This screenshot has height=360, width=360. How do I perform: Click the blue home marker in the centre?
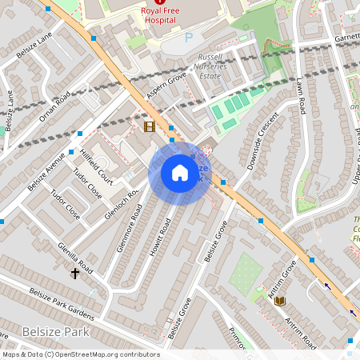(x=180, y=172)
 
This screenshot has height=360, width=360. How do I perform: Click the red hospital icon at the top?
(x=161, y=2)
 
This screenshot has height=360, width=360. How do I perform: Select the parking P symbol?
(x=189, y=38)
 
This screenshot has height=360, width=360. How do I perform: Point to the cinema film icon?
(x=149, y=126)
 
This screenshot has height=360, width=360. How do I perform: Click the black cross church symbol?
(x=75, y=274)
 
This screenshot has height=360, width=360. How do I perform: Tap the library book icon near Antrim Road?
(x=280, y=300)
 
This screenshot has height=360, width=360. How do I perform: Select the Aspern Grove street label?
(x=166, y=87)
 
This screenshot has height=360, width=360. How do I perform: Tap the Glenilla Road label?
(x=74, y=258)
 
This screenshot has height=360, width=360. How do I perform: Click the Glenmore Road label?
(x=129, y=228)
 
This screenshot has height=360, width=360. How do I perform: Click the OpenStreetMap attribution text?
(x=81, y=354)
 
